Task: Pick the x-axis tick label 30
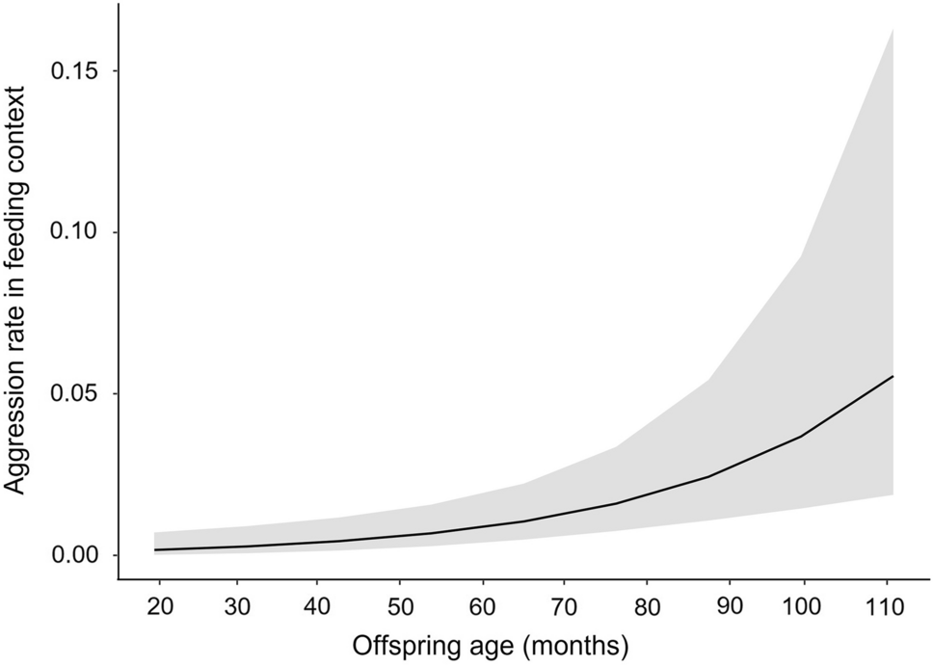tap(237, 608)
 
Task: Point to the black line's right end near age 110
tap(893, 376)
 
